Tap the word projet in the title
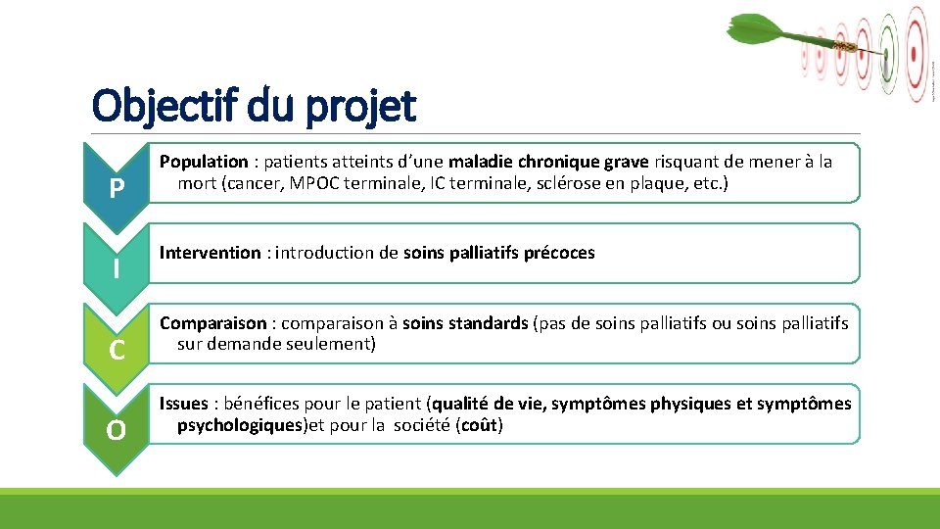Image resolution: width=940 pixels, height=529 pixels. [x=367, y=108]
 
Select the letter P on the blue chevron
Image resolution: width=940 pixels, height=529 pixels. [x=117, y=187]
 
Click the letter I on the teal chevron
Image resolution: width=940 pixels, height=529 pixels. [x=117, y=267]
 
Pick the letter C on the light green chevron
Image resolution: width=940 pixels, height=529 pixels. [x=117, y=349]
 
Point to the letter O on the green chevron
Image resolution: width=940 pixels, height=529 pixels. [x=117, y=429]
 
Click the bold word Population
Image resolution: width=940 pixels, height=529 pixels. [x=204, y=162]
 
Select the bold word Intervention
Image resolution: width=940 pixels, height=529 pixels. [x=210, y=253]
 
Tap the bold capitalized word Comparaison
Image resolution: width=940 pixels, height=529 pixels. [x=212, y=323]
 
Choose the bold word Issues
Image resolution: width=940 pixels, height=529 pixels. [x=183, y=404]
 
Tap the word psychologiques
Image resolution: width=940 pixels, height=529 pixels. [x=239, y=425]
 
